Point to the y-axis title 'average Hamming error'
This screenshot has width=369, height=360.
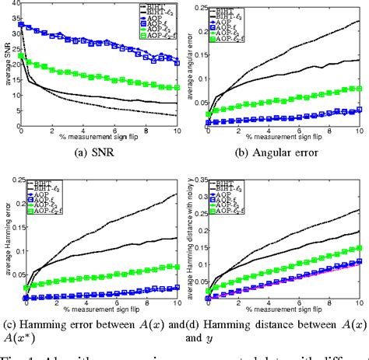pyautogui.click(x=6, y=249)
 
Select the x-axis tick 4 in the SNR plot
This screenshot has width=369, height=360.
pyautogui.click(x=83, y=128)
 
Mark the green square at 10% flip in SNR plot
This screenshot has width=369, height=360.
pyautogui.click(x=175, y=87)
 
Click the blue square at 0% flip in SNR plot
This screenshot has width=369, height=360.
pyautogui.click(x=22, y=25)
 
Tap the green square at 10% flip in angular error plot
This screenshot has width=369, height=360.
pyautogui.click(x=359, y=88)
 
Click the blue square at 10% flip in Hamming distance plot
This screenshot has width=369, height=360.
pyautogui.click(x=359, y=262)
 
